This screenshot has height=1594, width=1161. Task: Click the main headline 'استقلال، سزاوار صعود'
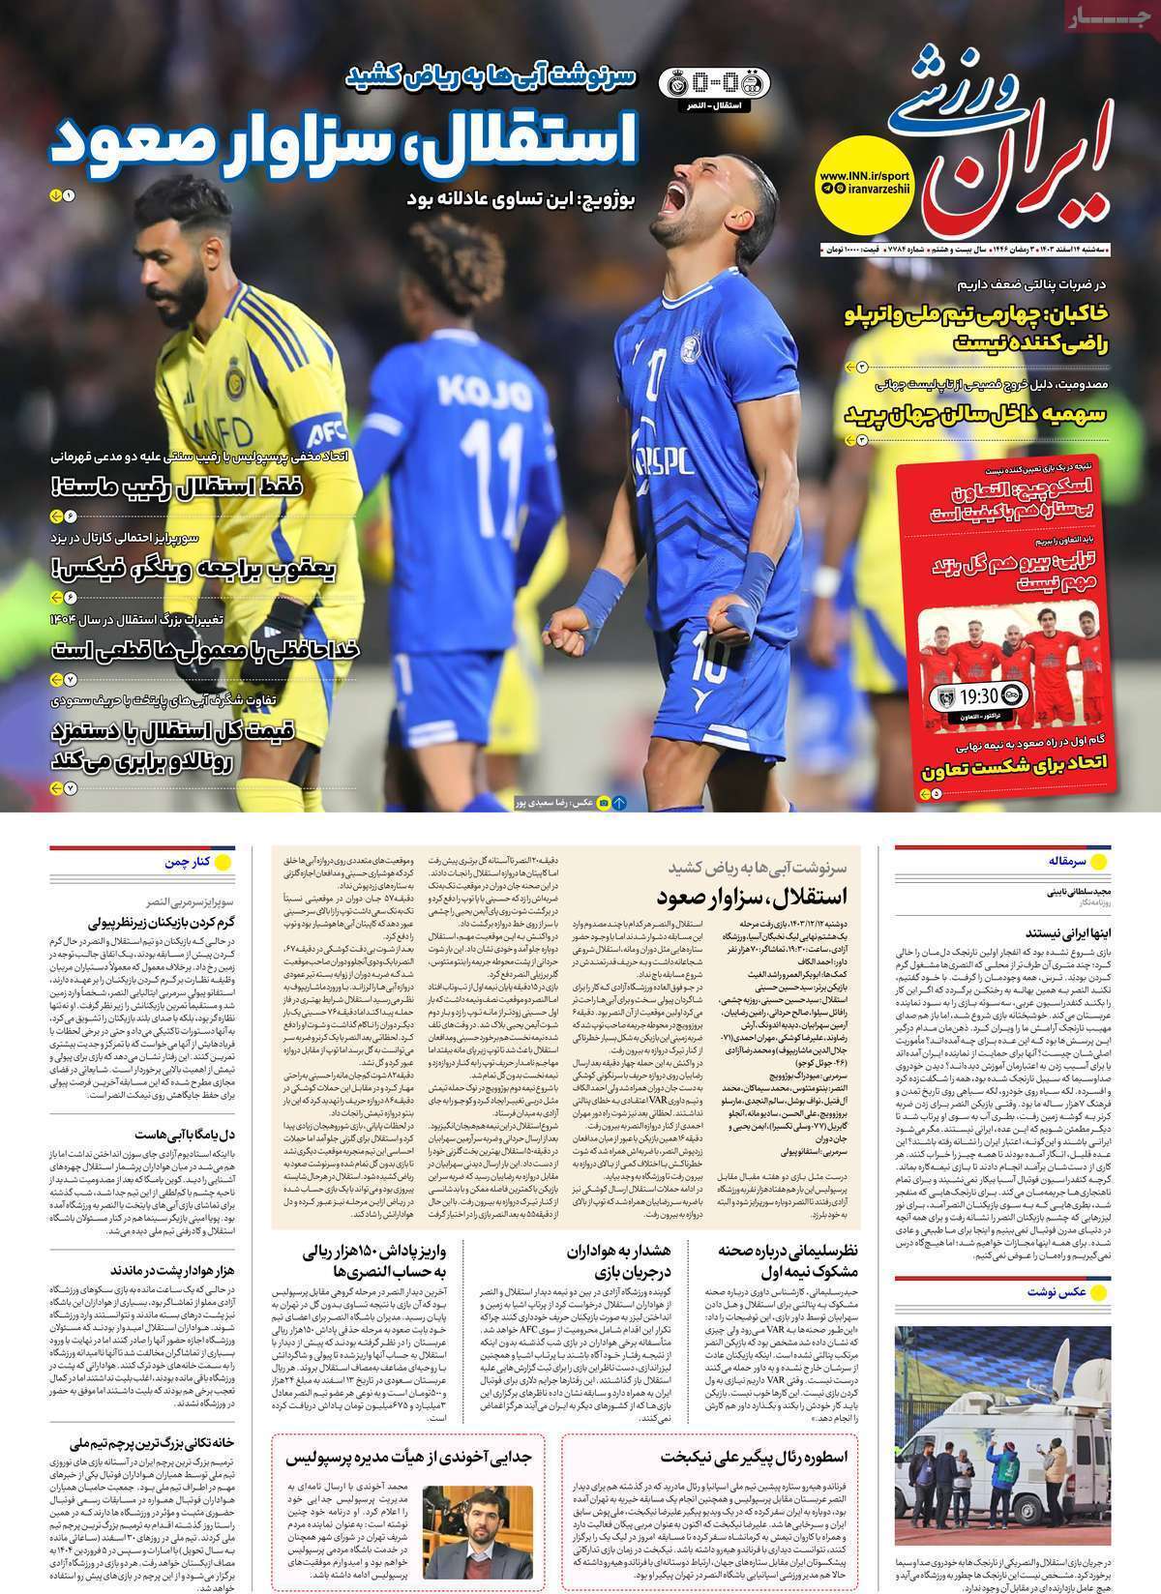[x=342, y=142]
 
